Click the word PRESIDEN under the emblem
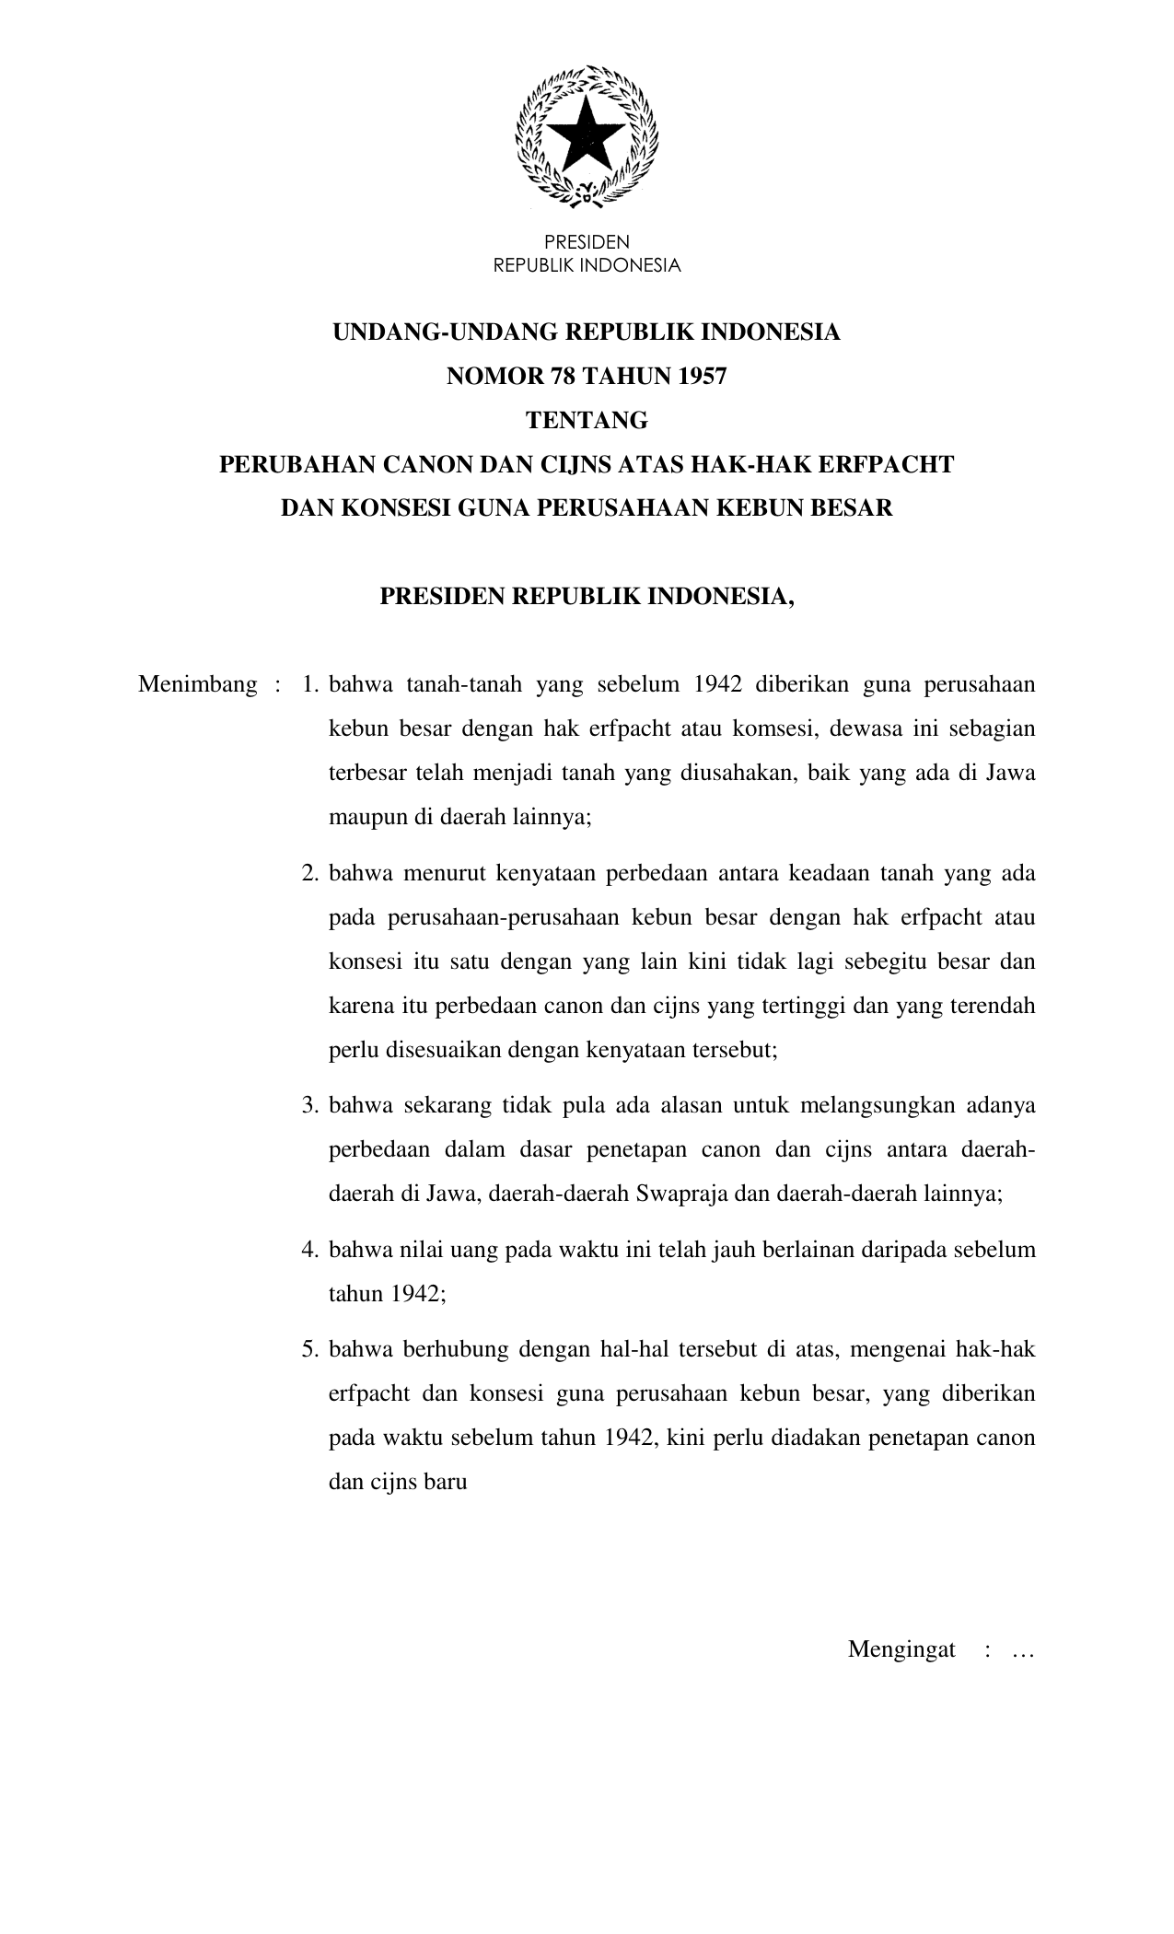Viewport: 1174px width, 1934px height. (587, 242)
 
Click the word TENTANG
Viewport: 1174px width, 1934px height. (587, 421)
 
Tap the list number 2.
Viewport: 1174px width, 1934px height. (309, 872)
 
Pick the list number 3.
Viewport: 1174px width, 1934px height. (309, 1104)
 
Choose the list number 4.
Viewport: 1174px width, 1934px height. (309, 1250)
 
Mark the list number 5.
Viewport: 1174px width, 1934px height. (309, 1349)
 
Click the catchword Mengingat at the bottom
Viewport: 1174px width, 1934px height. (901, 1649)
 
